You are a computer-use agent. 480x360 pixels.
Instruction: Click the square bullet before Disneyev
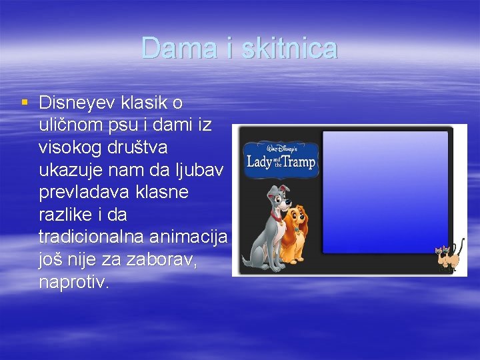click(x=25, y=103)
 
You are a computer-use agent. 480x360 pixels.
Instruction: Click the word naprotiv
click(x=73, y=283)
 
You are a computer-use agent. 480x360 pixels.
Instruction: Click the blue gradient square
click(x=385, y=192)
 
